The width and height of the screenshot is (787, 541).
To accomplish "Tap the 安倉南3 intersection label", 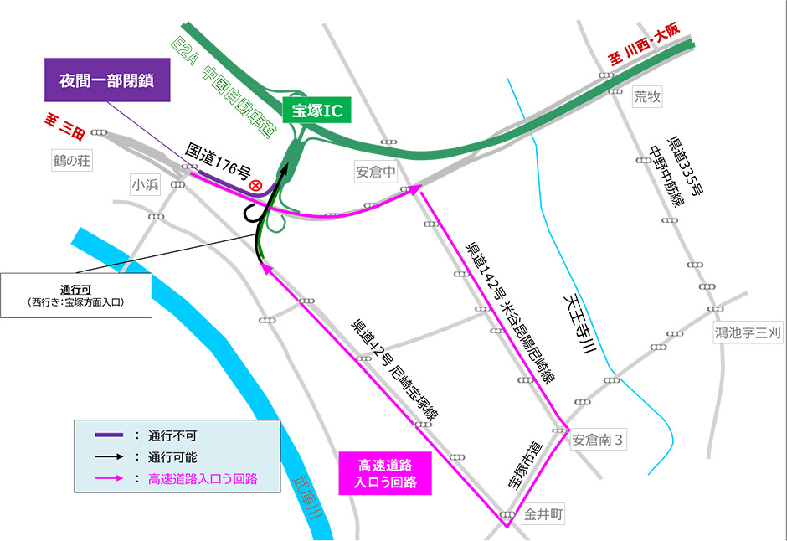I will point(598,440).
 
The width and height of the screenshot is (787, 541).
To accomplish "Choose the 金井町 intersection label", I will point(541,515).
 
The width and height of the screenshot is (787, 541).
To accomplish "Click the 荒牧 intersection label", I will point(647,97).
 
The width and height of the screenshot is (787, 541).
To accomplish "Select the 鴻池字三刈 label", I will point(748,332).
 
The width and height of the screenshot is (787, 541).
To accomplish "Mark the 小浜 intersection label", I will point(146,183).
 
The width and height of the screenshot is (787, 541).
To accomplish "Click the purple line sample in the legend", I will point(108,436).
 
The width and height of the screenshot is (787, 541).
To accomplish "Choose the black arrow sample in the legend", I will point(108,457).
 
